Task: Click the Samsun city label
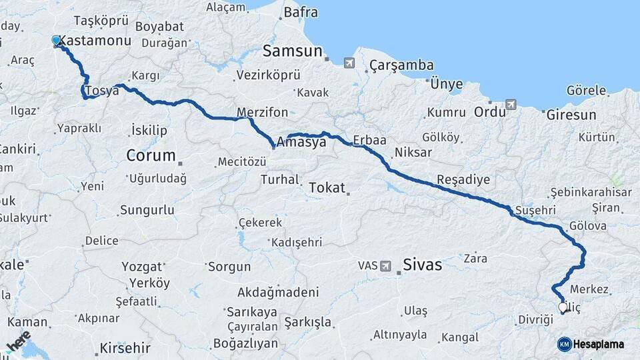pos(292,51)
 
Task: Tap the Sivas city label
pos(423,265)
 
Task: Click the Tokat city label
pos(327,188)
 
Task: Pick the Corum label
pos(151,157)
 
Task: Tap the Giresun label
pos(571,115)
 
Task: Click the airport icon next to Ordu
pos(511,105)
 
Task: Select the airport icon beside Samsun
pos(349,63)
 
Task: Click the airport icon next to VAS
pos(385,266)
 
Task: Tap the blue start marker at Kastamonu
pos(57,41)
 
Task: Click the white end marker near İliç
pos(562,307)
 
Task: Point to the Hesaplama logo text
pos(599,345)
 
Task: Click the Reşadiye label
pos(463,180)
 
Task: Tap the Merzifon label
pos(262,112)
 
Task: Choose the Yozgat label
pos(141,267)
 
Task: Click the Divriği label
pos(536,320)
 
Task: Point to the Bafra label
pos(301,12)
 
